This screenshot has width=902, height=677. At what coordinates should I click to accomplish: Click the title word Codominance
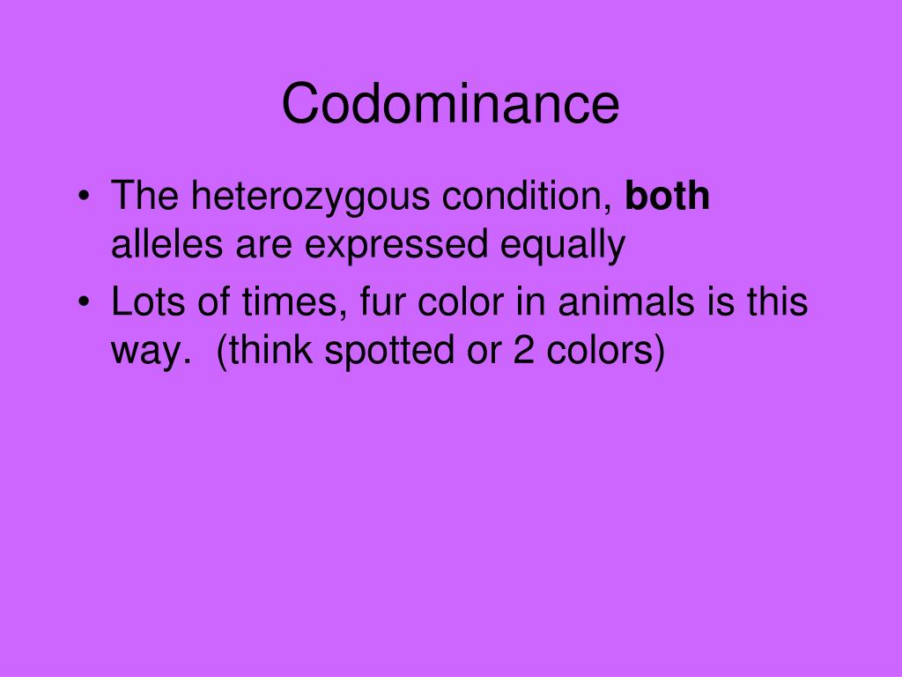[450, 104]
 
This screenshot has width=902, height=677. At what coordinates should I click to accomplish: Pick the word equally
[563, 246]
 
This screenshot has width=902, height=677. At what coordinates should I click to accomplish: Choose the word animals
[617, 302]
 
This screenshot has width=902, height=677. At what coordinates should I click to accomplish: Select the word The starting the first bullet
[145, 197]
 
